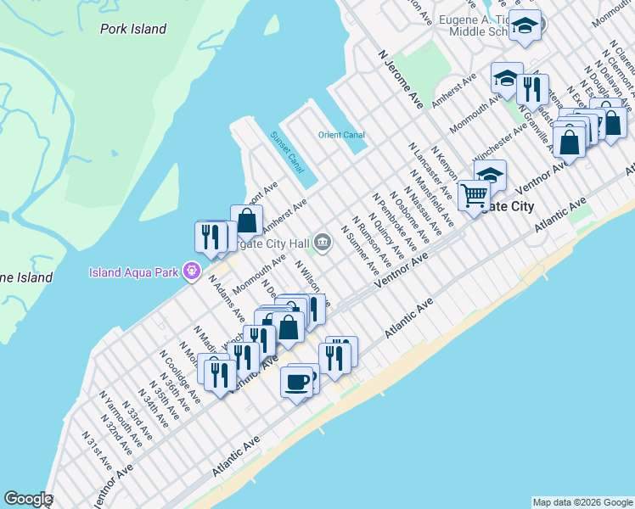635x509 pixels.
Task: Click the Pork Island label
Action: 133,29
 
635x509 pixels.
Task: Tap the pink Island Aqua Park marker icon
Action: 193,271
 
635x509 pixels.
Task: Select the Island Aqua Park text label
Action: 137,272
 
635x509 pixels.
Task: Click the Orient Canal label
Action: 341,135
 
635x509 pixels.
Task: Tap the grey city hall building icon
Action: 323,243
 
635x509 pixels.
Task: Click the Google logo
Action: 28,499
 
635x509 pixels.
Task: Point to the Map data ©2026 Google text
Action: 582,502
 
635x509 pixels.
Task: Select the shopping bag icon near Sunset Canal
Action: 246,220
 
